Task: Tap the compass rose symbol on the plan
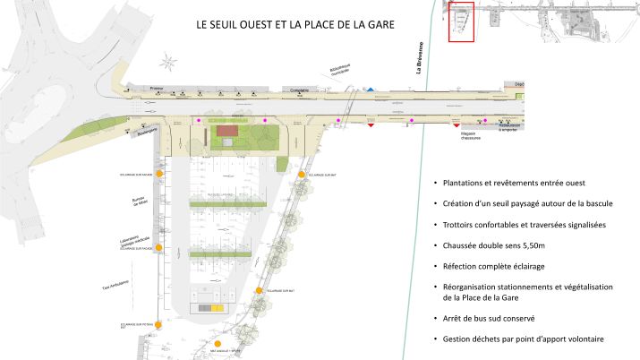167,63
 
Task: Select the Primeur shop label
158,89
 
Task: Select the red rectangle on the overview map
460,21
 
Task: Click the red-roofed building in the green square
227,131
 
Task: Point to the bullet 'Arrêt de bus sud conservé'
489,318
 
